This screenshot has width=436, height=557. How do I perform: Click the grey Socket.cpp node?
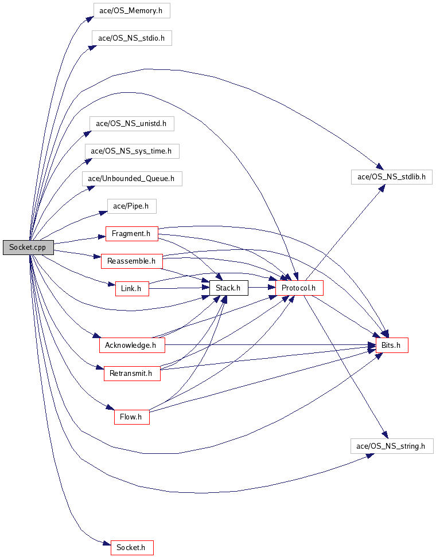pyautogui.click(x=29, y=247)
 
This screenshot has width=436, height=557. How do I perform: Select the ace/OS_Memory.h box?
pyautogui.click(x=131, y=11)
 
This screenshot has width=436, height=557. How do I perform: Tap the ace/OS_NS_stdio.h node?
pyautogui.click(x=131, y=38)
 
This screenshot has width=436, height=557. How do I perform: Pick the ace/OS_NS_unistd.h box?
pyautogui.click(x=131, y=124)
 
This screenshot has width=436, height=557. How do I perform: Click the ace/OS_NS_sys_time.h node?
pyautogui.click(x=132, y=151)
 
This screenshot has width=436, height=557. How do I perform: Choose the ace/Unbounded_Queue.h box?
pyautogui.click(x=132, y=178)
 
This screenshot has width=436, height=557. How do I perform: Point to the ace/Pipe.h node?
pyautogui.click(x=131, y=206)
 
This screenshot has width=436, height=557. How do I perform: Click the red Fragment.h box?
pyautogui.click(x=131, y=234)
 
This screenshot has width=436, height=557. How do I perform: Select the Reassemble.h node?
pyautogui.click(x=132, y=261)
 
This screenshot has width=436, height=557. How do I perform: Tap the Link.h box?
pyautogui.click(x=132, y=288)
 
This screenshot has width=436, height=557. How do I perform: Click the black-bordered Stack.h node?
pyautogui.click(x=229, y=288)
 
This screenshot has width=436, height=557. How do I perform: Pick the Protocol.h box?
pyautogui.click(x=299, y=288)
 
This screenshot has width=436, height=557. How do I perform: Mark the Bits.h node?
pyautogui.click(x=392, y=346)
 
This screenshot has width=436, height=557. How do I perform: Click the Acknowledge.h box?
pyautogui.click(x=132, y=346)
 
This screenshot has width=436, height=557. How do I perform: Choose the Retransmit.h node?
pyautogui.click(x=132, y=374)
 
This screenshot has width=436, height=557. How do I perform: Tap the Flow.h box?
pyautogui.click(x=131, y=417)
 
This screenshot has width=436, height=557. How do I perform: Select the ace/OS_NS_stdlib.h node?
pyautogui.click(x=392, y=176)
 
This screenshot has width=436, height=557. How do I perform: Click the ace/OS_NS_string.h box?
pyautogui.click(x=392, y=446)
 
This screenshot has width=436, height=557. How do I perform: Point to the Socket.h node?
pyautogui.click(x=132, y=548)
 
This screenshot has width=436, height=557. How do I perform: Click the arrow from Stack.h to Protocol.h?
pyautogui.click(x=262, y=288)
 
